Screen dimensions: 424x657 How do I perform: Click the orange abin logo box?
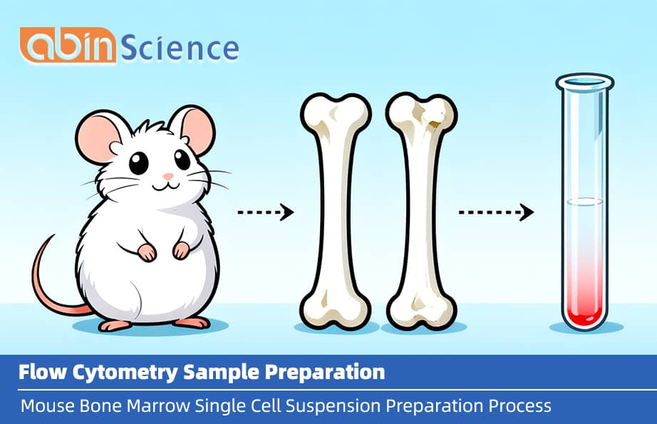click(x=68, y=46)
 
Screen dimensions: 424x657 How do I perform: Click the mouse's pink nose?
click(x=167, y=176)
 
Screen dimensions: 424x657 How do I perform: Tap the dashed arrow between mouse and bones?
click(x=265, y=212)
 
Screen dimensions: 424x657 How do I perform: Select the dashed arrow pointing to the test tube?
click(x=496, y=212)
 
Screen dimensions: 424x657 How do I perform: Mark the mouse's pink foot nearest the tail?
click(x=114, y=325)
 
